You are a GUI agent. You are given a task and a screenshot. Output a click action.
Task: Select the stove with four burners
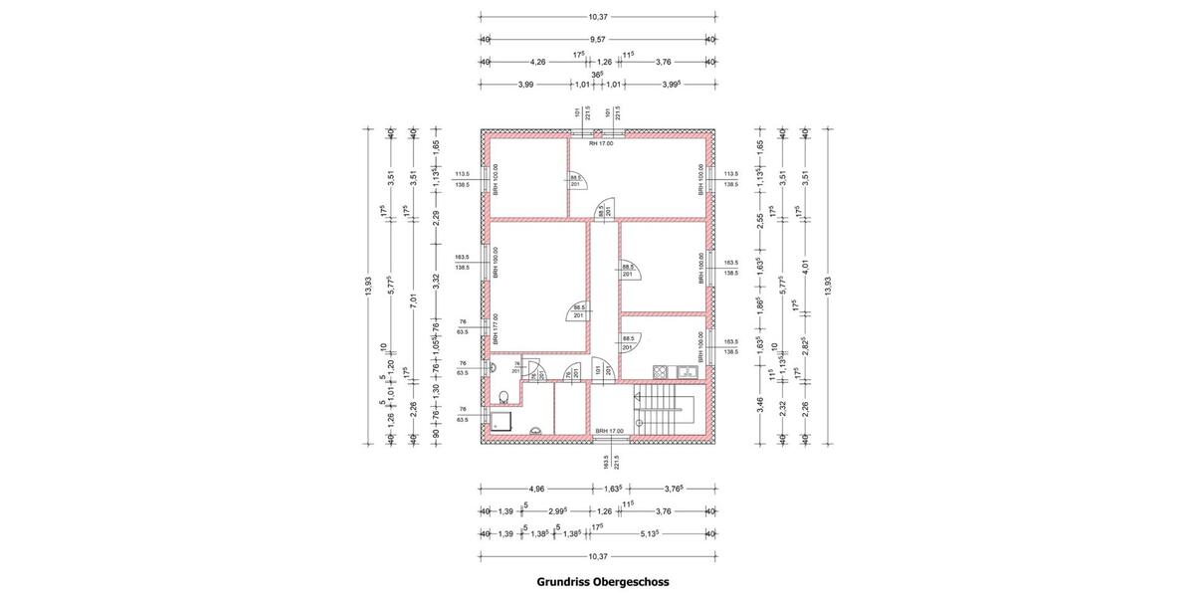pos(661,372)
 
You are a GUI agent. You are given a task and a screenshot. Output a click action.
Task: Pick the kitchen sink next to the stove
pos(686,372)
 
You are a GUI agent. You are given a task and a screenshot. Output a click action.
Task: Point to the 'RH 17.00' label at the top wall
pos(600,144)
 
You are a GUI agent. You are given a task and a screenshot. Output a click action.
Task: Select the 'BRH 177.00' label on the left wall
pos(495,329)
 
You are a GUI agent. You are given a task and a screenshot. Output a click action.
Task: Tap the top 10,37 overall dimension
pos(598,16)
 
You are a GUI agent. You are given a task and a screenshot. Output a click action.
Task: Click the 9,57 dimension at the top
pos(598,39)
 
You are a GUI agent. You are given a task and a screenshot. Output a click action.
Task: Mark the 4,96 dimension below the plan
pos(536,489)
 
